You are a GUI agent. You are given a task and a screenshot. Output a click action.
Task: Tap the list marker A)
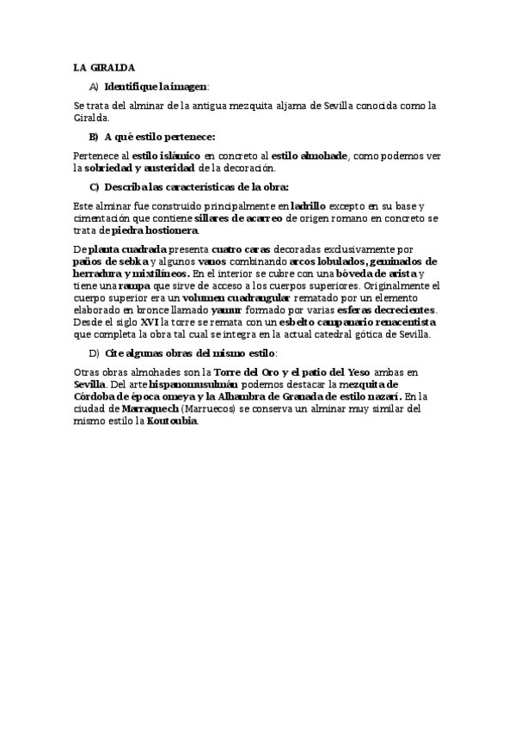94,87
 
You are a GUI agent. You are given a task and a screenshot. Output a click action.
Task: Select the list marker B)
94,137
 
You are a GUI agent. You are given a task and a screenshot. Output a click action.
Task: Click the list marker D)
94,353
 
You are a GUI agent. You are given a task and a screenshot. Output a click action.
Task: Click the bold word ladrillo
309,206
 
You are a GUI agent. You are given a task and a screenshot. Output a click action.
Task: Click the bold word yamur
226,309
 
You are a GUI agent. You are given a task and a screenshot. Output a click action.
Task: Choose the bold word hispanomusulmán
189,384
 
